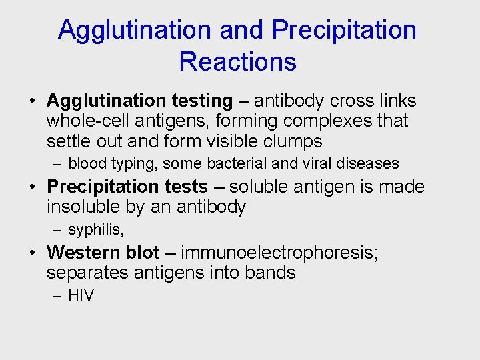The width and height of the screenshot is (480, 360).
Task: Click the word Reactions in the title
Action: pyautogui.click(x=237, y=61)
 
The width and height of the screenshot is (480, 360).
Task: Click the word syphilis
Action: pyautogui.click(x=95, y=230)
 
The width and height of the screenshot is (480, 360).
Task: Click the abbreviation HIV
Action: pyautogui.click(x=81, y=295)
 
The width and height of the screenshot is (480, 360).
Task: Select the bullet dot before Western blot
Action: pyautogui.click(x=33, y=253)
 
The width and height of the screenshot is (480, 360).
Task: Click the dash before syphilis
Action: pyautogui.click(x=58, y=230)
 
